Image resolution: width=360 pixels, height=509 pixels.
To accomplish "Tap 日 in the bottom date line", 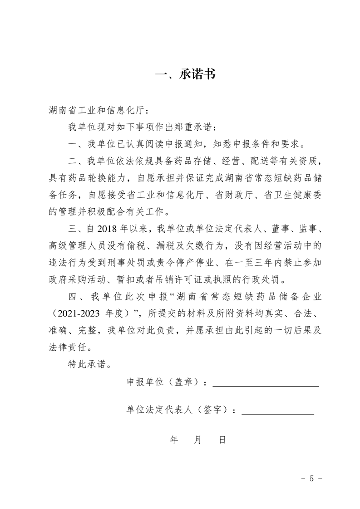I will coord(222,440).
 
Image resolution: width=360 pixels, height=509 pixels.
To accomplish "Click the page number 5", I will coord(312,479).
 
